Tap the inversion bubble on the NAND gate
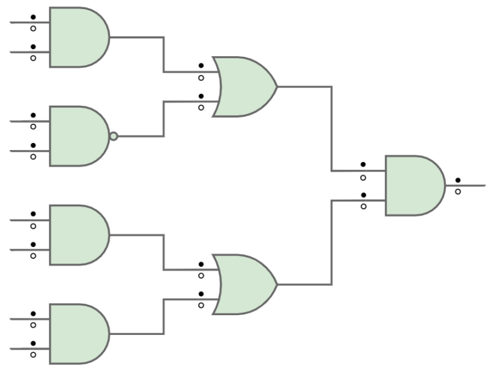[x=113, y=136]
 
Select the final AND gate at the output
[x=413, y=186]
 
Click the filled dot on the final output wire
[x=457, y=180]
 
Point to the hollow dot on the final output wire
[x=457, y=191]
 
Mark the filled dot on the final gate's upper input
[x=363, y=165]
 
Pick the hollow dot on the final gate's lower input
[x=363, y=206]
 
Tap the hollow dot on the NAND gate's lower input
[x=33, y=156]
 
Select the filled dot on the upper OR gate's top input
[x=201, y=66]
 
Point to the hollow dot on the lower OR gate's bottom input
[x=201, y=305]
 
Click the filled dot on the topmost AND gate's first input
[x=33, y=17]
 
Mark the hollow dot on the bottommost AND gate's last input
[x=33, y=354]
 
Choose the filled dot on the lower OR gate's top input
[x=201, y=264]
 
